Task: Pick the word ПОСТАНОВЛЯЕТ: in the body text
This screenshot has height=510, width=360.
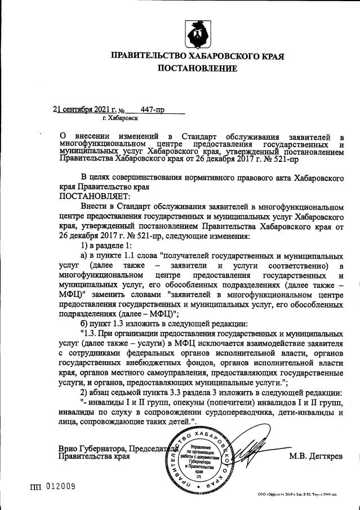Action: pyautogui.click(x=94, y=196)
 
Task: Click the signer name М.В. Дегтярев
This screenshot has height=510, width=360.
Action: pyautogui.click(x=315, y=456)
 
